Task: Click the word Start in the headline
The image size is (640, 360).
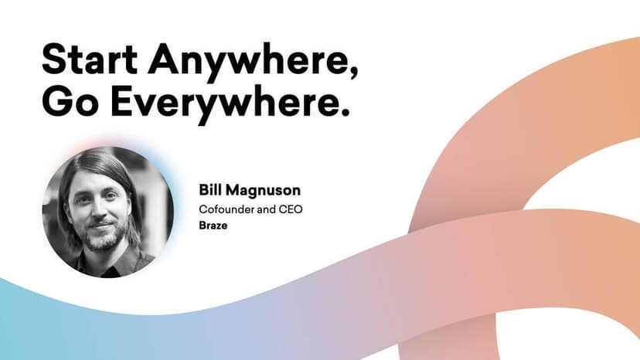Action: pos(90,59)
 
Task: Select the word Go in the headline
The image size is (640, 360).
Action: pos(70,101)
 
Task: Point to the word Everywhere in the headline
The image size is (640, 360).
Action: pos(224,104)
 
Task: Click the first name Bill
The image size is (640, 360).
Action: pos(209,190)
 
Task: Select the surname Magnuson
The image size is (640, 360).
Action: pos(264,191)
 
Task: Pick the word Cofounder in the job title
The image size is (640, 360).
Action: pos(226,209)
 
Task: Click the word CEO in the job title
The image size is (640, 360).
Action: pos(291,209)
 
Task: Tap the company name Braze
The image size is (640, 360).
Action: pos(213,226)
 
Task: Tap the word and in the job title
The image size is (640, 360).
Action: pos(266,209)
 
